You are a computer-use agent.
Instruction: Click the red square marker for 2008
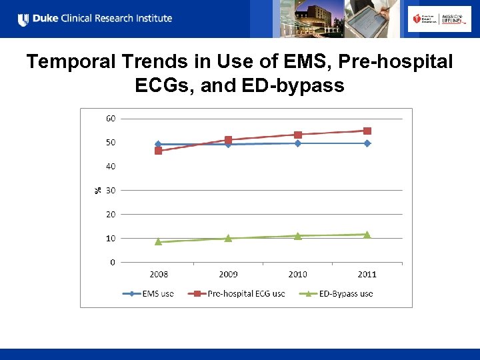click(x=158, y=151)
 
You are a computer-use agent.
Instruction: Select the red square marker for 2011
click(x=367, y=131)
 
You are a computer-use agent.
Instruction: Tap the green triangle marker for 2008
click(x=158, y=241)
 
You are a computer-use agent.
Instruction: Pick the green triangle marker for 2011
click(x=367, y=234)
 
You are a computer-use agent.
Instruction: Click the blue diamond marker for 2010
click(x=297, y=143)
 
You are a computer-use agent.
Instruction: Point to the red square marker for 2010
click(x=297, y=135)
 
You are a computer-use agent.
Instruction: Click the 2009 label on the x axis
click(x=227, y=274)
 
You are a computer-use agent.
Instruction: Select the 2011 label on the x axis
click(x=367, y=274)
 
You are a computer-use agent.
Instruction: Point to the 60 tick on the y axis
click(x=110, y=119)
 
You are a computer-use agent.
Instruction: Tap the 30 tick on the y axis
click(x=110, y=191)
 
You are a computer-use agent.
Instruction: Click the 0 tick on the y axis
click(x=112, y=262)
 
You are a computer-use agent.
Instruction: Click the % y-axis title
click(x=97, y=190)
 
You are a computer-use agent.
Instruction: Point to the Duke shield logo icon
click(x=23, y=19)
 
